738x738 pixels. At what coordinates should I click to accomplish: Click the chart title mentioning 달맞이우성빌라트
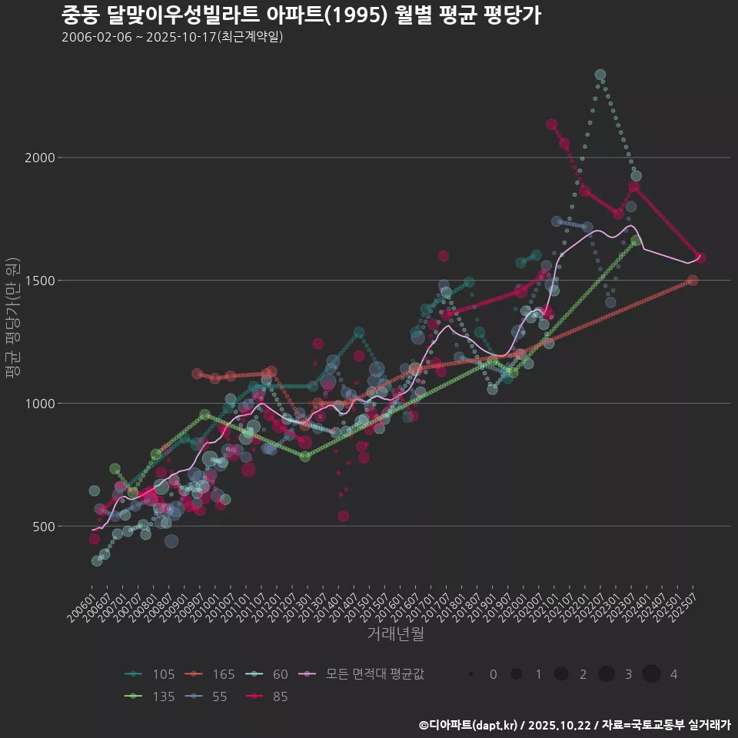[x=301, y=15]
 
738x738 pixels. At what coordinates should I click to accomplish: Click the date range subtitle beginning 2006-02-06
[x=172, y=37]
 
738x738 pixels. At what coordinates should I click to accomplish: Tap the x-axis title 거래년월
[x=395, y=633]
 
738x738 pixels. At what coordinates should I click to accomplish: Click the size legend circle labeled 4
[x=652, y=674]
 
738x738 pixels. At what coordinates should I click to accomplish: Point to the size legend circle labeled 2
[x=561, y=674]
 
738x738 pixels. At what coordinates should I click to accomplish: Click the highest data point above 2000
[x=600, y=75]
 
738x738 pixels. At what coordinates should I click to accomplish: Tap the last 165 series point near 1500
[x=693, y=281]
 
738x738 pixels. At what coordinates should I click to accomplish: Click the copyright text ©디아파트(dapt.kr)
[x=469, y=725]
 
